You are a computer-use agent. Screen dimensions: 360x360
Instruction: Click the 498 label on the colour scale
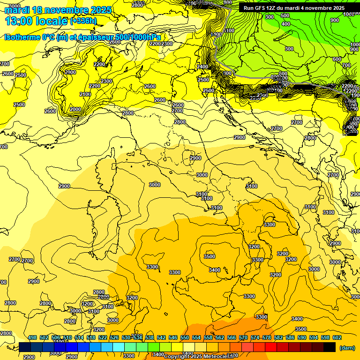[x=32, y=337]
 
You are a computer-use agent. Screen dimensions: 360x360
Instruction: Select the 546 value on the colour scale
[x=173, y=337]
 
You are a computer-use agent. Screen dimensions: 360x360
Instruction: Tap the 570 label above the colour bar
[x=243, y=337]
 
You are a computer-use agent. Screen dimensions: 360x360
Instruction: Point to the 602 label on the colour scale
[x=337, y=337]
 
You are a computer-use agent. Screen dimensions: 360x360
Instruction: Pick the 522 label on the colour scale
[x=103, y=337]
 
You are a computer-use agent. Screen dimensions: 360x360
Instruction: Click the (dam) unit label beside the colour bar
[x=347, y=348]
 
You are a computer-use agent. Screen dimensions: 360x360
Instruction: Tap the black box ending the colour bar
[x=330, y=347]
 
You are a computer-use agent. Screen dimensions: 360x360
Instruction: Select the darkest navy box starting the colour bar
[x=25, y=347]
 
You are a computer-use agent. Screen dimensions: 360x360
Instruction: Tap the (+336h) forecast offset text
[x=83, y=21]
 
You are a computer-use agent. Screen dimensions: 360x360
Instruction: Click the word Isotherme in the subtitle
[x=22, y=37]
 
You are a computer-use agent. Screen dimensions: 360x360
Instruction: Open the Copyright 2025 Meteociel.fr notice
[x=199, y=356]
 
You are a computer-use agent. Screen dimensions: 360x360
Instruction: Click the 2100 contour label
[x=85, y=94]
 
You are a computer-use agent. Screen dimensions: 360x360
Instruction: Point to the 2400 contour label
[x=202, y=67]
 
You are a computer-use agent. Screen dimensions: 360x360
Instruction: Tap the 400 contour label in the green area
[x=285, y=23]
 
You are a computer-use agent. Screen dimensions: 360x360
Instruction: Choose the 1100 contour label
[x=229, y=30]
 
